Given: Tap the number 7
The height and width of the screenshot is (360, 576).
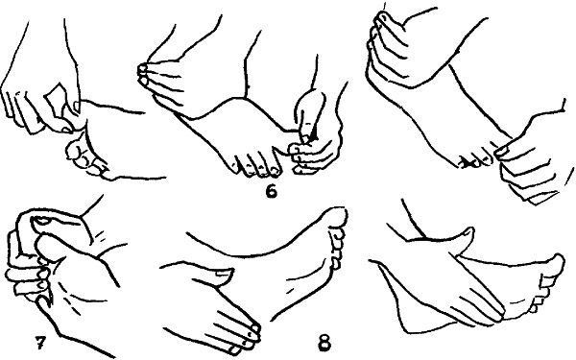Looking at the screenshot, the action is point(39,343).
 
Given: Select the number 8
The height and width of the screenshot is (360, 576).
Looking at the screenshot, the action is point(324,343).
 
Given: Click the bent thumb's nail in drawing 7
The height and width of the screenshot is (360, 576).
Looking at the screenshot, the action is point(40,221).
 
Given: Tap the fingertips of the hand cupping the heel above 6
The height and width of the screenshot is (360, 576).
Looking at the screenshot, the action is point(142,72).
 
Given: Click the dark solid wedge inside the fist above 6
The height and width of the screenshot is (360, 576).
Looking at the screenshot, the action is point(313,136).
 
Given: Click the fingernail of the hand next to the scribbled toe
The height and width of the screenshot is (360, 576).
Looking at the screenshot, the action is point(502,151).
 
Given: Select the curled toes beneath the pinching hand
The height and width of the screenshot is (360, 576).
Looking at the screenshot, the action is point(85,158).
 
